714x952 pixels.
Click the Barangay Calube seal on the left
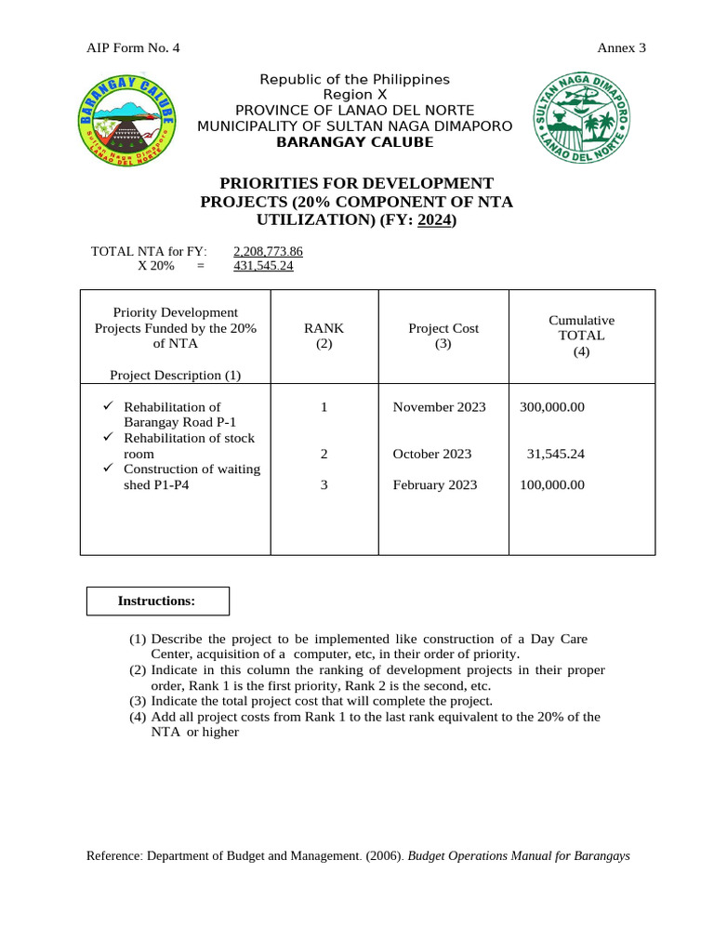(127, 122)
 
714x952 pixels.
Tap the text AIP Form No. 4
(133, 48)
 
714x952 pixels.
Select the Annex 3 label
(621, 48)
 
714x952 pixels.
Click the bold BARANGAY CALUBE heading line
(354, 142)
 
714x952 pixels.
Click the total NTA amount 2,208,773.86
(268, 251)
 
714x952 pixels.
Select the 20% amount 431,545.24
(263, 266)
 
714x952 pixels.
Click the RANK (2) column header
(324, 336)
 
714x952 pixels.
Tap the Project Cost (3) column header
(443, 336)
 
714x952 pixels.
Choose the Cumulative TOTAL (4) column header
(581, 336)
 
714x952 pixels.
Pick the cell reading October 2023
(432, 455)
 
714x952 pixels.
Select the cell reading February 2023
(435, 485)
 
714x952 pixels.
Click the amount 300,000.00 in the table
(552, 407)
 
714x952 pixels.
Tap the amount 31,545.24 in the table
(555, 455)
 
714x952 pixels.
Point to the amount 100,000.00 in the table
(552, 485)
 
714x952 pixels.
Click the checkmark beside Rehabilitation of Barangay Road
(108, 406)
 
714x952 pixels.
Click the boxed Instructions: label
(157, 602)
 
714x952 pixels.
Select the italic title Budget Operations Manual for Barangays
(519, 856)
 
